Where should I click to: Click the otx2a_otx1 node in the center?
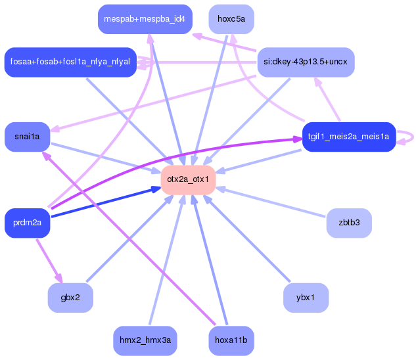click(188, 179)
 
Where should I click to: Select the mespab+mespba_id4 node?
click(145, 19)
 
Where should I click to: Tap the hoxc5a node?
click(231, 19)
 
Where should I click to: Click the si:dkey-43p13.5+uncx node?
click(306, 62)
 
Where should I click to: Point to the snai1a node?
click(27, 137)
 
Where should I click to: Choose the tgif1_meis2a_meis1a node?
click(348, 137)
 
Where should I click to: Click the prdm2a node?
click(27, 223)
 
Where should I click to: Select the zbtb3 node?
click(348, 223)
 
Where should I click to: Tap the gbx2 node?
click(70, 298)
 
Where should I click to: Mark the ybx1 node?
click(306, 298)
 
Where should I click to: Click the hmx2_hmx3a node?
click(145, 340)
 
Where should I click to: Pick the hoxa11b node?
click(231, 340)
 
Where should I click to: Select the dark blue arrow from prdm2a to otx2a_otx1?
click(105, 203)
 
